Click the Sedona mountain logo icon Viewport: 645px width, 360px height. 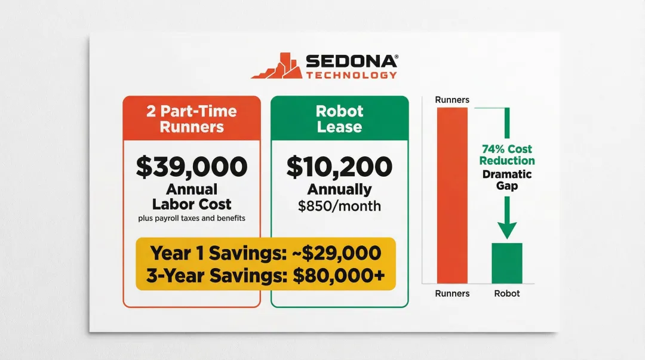(277, 66)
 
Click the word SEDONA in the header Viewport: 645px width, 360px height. (351, 61)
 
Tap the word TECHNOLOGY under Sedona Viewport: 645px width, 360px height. (351, 75)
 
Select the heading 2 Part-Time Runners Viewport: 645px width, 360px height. (192, 119)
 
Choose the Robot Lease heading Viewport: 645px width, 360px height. (339, 119)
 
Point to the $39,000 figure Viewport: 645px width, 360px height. (192, 167)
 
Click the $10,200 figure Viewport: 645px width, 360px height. (339, 167)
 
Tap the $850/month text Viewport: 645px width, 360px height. (339, 207)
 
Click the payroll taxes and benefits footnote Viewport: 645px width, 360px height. (192, 218)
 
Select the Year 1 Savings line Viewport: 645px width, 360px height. (266, 253)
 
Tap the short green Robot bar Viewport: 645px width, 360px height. (506, 263)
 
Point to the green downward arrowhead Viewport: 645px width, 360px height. (507, 230)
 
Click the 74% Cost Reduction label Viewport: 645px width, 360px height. (508, 155)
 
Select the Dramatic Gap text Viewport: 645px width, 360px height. (507, 181)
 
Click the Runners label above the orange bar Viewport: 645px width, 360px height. (452, 100)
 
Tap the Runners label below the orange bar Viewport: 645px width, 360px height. (452, 293)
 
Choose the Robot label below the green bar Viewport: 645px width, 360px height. (506, 293)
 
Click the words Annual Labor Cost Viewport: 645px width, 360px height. (192, 196)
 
